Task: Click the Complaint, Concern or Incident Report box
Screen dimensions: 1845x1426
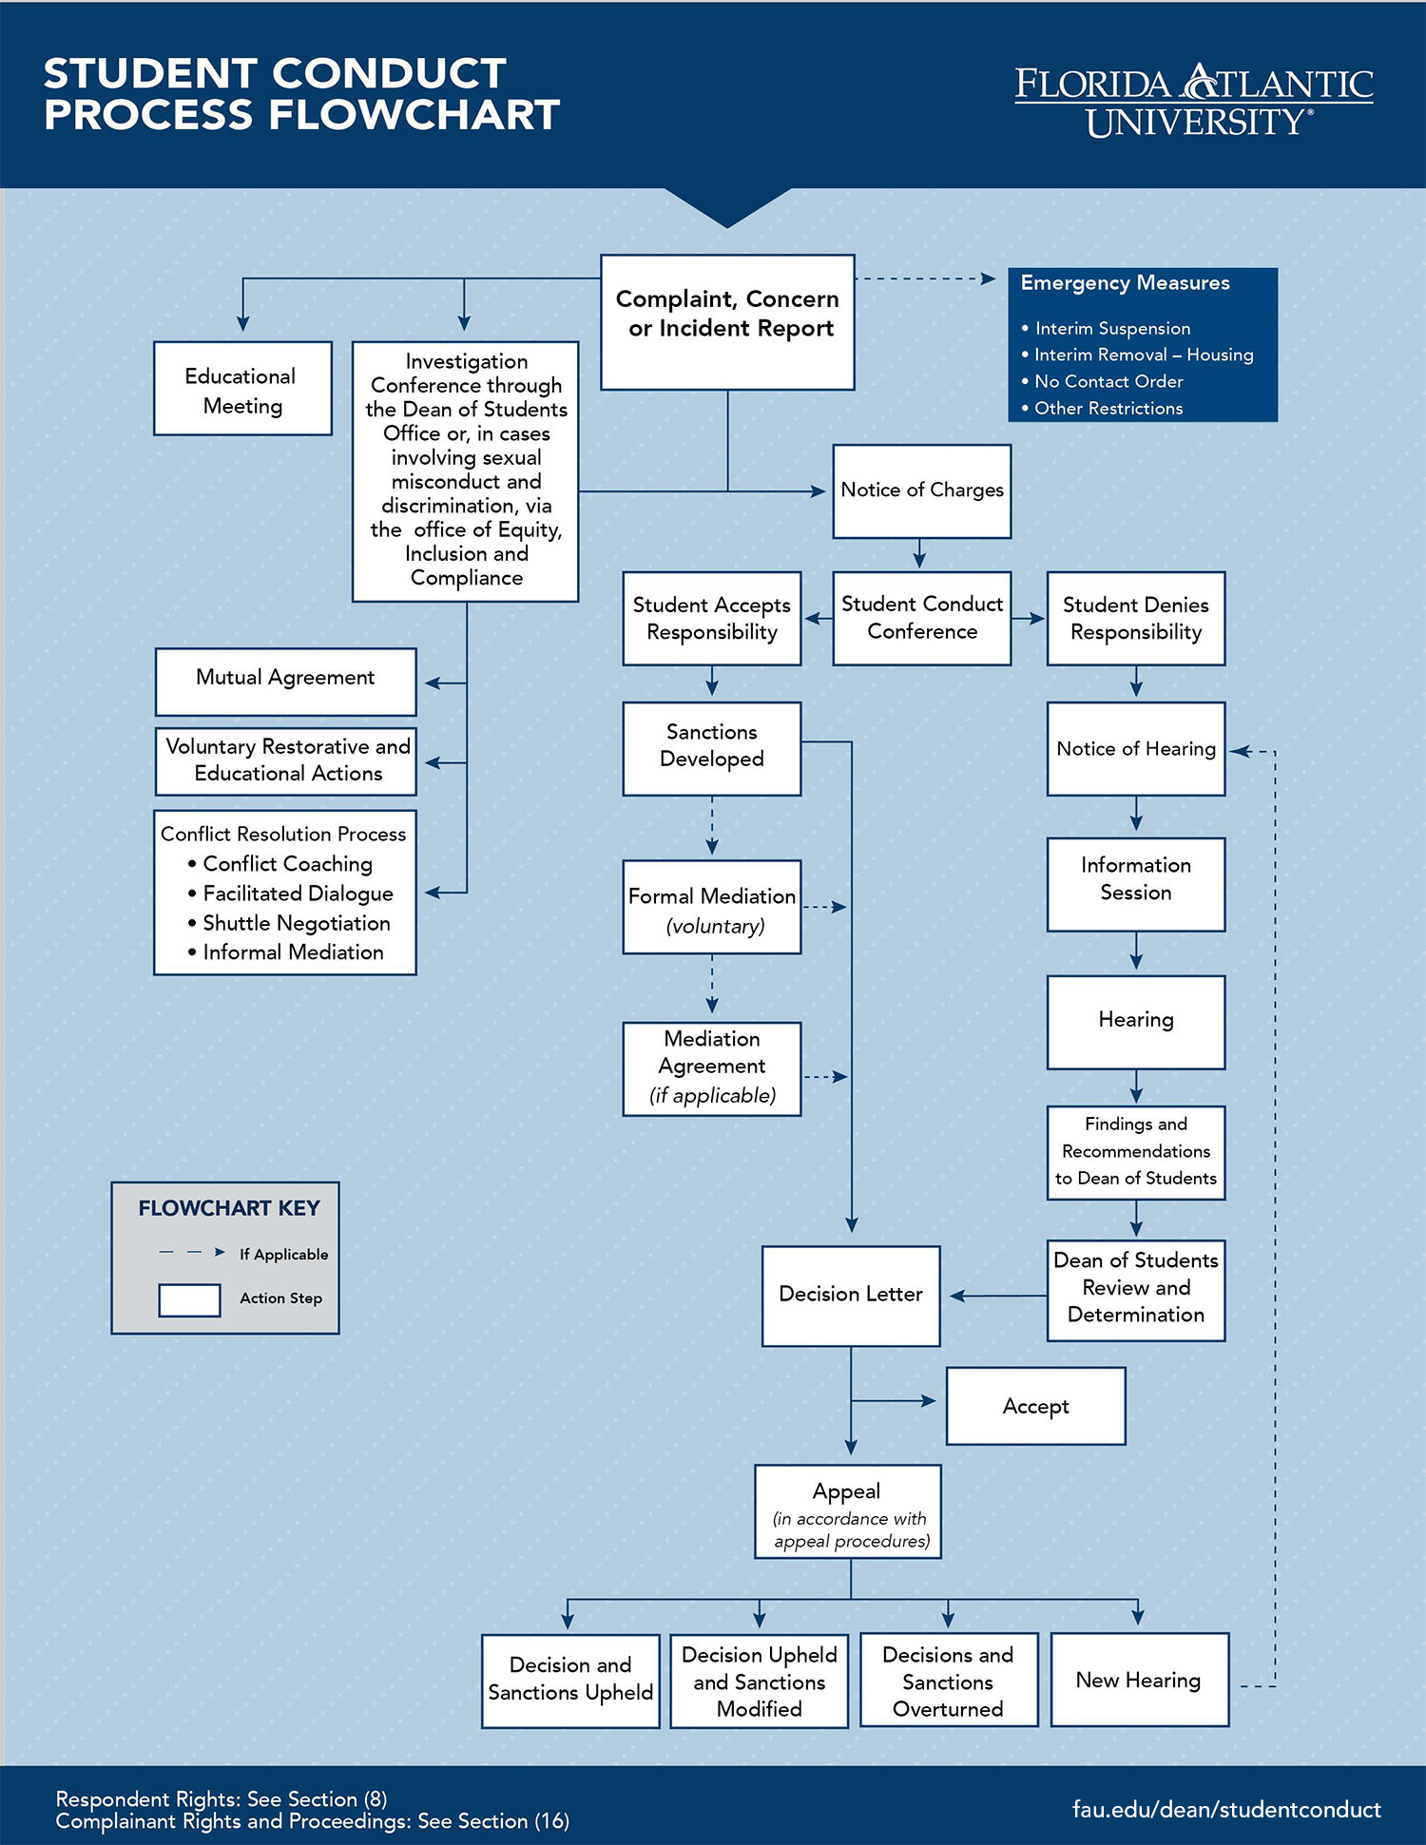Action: pos(727,321)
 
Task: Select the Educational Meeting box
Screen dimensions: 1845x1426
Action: pos(242,389)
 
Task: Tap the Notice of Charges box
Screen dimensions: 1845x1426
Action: pos(921,490)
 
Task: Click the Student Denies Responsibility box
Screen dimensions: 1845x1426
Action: pos(1135,618)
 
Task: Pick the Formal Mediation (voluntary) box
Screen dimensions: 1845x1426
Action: pos(711,907)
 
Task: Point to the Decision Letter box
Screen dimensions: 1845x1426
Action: pos(850,1295)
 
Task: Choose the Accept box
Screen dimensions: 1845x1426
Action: pos(1035,1406)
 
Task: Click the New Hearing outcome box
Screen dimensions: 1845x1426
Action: pos(1139,1680)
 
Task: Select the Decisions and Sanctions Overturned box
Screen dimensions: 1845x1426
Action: pos(948,1681)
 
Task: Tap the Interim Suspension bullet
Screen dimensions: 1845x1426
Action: pos(1111,328)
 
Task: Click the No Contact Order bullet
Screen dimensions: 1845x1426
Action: pos(1108,381)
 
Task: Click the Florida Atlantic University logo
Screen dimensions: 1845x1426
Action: pos(1193,101)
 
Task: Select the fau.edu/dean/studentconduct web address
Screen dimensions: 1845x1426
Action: pos(1225,1809)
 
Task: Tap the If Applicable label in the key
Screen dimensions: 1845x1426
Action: pos(283,1254)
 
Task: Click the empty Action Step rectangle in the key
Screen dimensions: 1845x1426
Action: pos(189,1299)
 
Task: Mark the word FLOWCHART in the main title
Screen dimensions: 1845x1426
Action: pos(414,115)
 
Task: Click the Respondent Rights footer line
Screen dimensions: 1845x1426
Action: pos(222,1798)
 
